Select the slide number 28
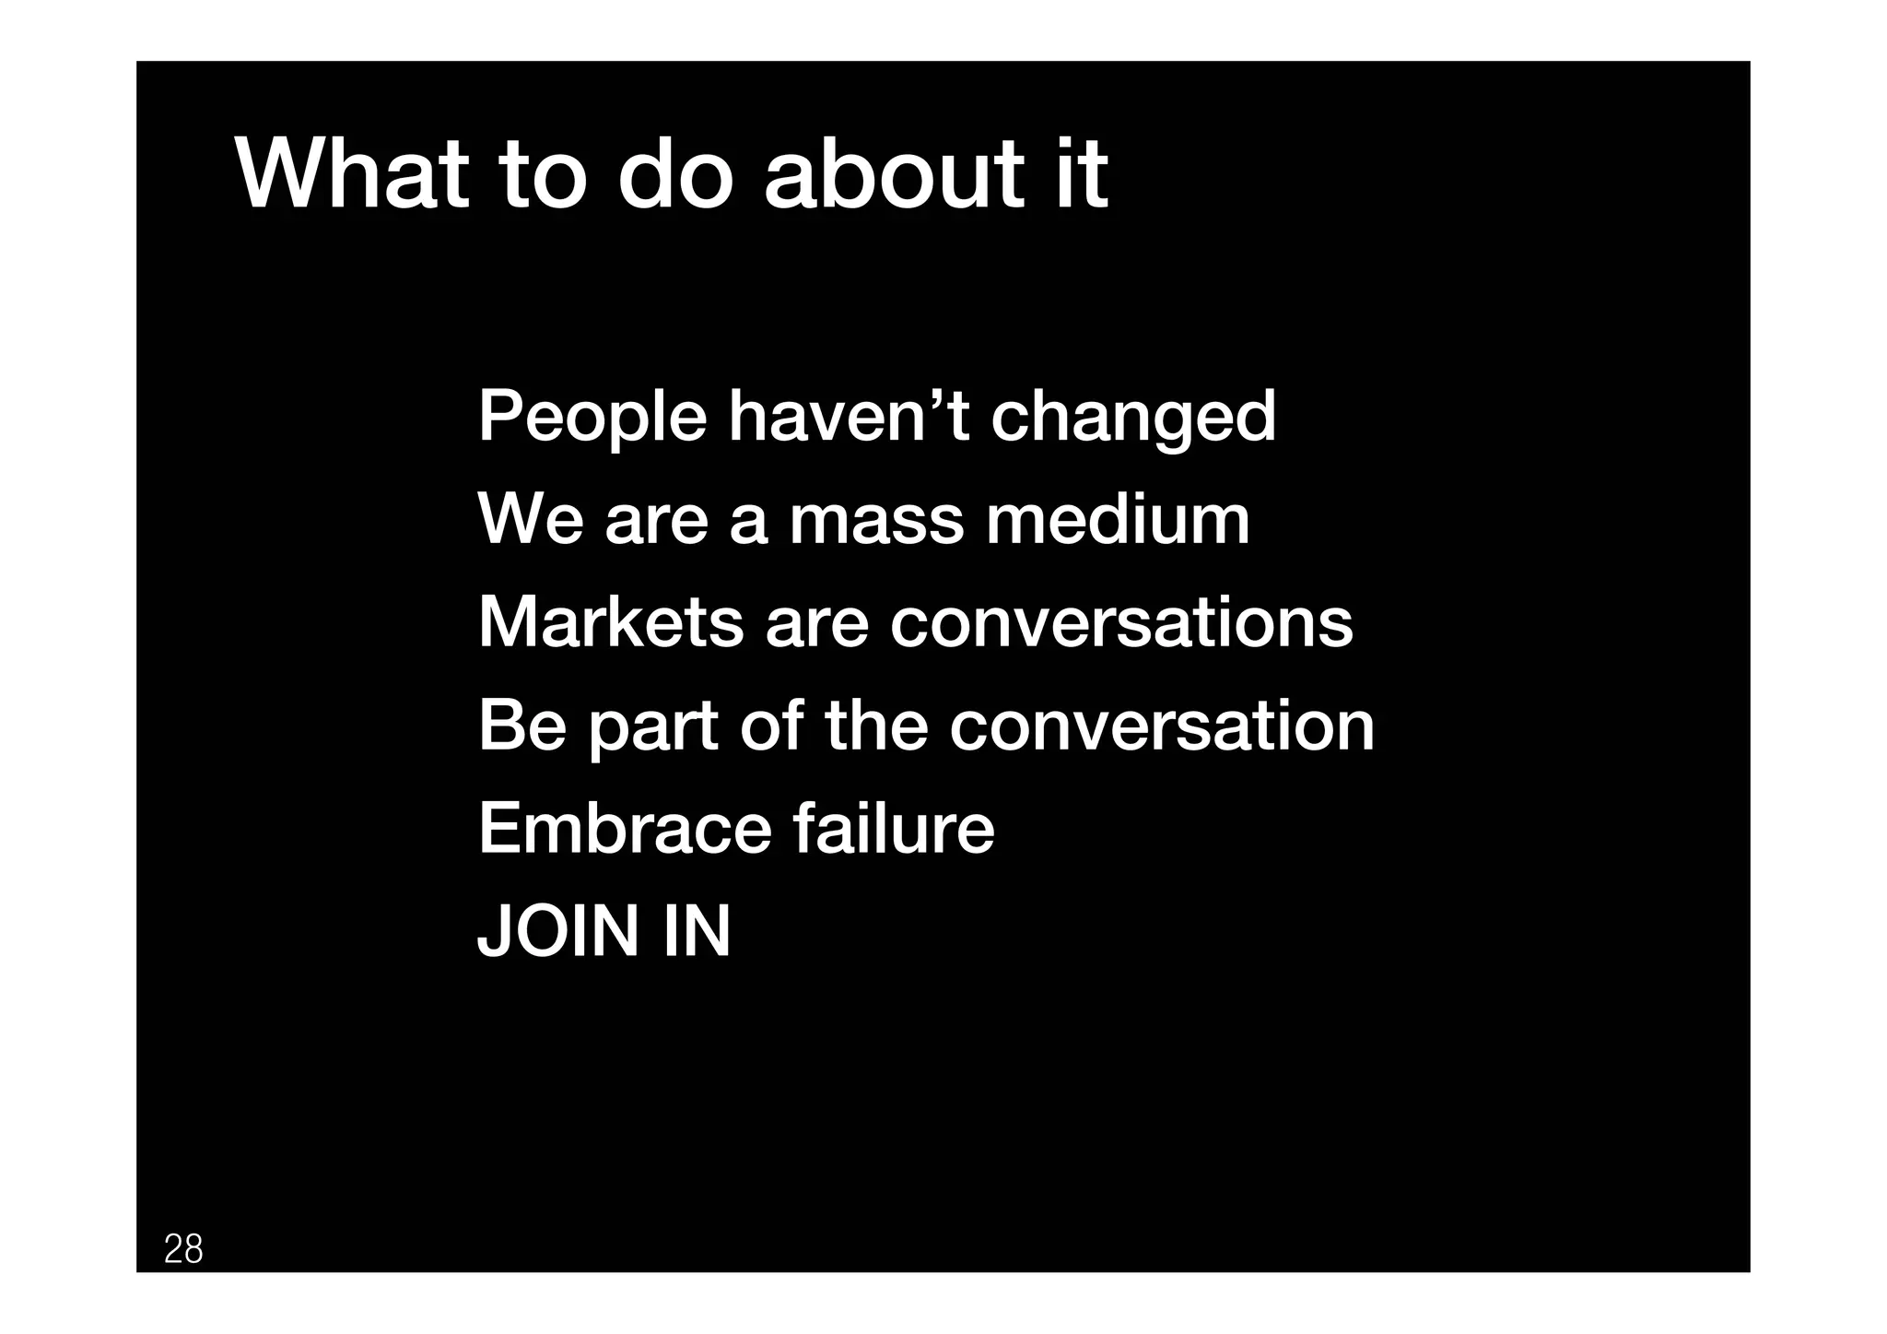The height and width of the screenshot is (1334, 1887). pyautogui.click(x=183, y=1249)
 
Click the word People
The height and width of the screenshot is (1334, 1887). pyautogui.click(x=592, y=417)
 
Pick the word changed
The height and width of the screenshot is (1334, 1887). pyautogui.click(x=1133, y=417)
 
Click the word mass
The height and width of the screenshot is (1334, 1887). pyautogui.click(x=876, y=519)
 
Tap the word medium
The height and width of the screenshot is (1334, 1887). pyautogui.click(x=1118, y=519)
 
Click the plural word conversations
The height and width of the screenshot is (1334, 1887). pyautogui.click(x=1121, y=622)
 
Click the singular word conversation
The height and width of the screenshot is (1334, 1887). pyautogui.click(x=1161, y=726)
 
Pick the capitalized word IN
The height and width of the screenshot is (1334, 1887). pyautogui.click(x=696, y=931)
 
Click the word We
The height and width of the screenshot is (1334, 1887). pyautogui.click(x=530, y=519)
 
